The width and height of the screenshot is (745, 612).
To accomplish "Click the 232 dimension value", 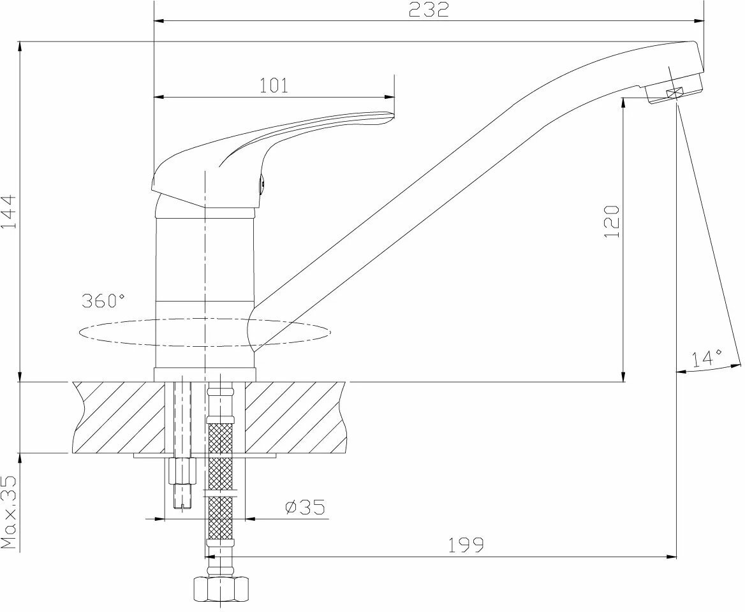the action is coord(429,9).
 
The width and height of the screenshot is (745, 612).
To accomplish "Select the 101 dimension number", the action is coord(274,85).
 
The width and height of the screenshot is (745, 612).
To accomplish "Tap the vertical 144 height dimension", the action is coord(9,211).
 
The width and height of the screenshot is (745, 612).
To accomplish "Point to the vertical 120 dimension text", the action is coord(612,221).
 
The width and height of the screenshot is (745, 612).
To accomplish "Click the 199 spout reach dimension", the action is coord(466,545).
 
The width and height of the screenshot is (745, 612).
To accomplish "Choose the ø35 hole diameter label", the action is coord(305,507).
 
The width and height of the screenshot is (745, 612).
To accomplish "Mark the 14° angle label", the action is coord(707,359).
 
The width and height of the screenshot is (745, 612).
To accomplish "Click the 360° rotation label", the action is coord(103,300).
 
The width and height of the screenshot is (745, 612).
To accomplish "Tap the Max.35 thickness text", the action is coord(9,513).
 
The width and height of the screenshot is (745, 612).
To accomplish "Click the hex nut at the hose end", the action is coord(221,589).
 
